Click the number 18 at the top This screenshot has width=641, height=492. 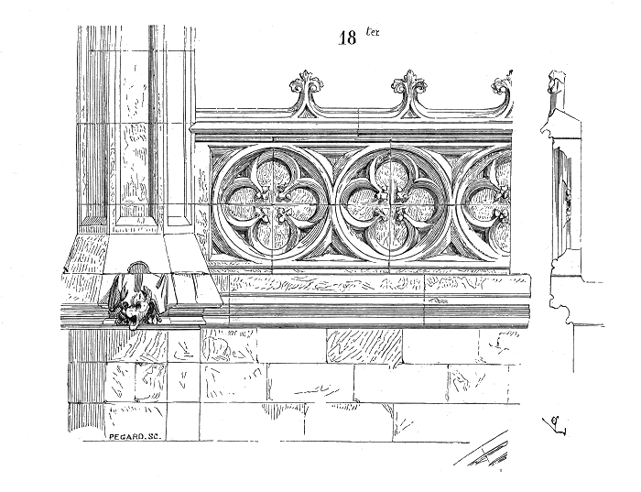(347, 38)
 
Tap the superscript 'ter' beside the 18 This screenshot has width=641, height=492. (373, 32)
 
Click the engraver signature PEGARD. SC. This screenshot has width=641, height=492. (136, 436)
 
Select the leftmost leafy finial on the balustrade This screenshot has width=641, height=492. (307, 83)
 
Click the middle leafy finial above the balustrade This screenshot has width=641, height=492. (409, 83)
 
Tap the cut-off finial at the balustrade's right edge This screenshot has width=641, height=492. (503, 84)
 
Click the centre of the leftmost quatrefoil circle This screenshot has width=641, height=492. (272, 203)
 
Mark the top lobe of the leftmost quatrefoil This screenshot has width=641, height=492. (272, 174)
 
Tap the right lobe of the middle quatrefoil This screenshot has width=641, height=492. (418, 203)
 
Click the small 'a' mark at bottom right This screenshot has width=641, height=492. (555, 424)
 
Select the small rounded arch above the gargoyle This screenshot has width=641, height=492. (138, 268)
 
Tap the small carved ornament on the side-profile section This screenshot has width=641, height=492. (568, 201)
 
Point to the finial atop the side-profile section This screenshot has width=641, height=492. (557, 82)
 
